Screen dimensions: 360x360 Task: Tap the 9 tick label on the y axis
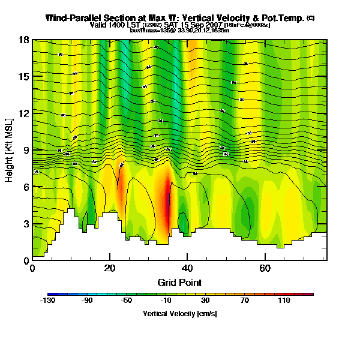27,151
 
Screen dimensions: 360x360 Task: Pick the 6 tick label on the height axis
27,187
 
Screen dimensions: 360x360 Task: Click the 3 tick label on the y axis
27,224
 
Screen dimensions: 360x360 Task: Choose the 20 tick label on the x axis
110,268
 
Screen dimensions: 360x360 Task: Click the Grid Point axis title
179,282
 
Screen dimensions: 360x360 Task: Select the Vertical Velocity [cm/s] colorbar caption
180,314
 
